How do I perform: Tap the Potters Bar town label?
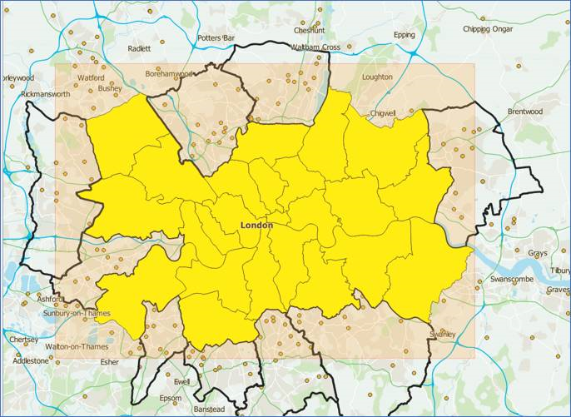pos(216,38)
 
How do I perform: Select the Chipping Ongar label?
pos(489,29)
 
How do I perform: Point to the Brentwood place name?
pos(524,111)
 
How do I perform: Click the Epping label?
pos(404,35)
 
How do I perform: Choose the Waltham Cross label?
pos(315,47)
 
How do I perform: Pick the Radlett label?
pos(140,48)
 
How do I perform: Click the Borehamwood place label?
pos(169,73)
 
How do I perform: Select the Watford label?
pos(91,77)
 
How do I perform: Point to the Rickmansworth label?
pos(46,94)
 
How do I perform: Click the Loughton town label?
pos(377,77)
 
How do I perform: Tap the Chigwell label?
pos(383,112)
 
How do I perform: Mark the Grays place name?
pos(538,252)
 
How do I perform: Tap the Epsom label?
pos(170,398)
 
